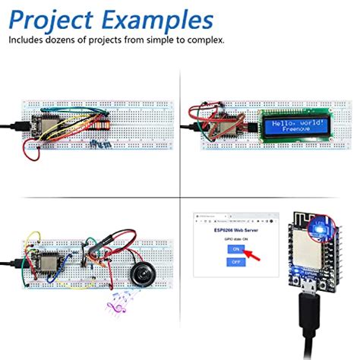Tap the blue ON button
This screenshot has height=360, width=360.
[x=236, y=248]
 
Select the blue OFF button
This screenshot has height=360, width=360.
[x=236, y=261]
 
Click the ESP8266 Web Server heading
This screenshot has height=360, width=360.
[x=235, y=229]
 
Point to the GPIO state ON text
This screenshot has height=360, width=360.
[x=235, y=238]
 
